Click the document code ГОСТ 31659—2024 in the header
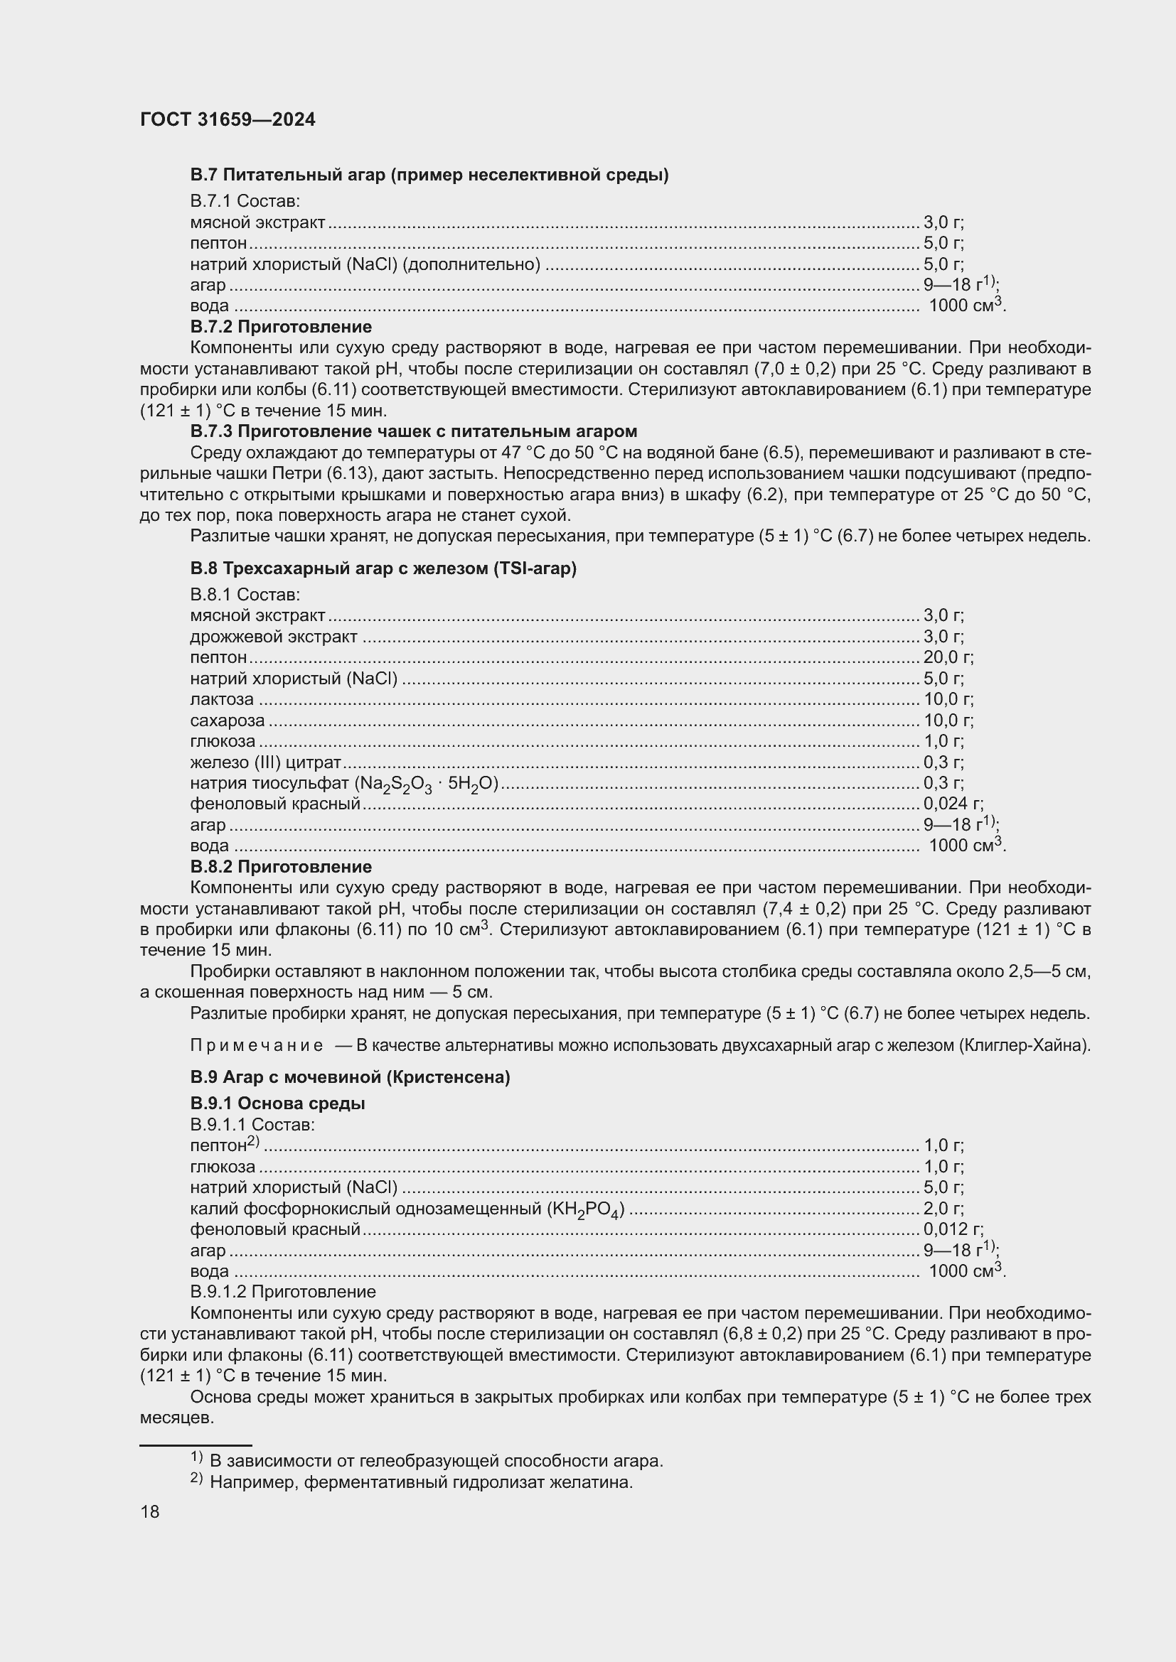[228, 120]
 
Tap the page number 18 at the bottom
[150, 1511]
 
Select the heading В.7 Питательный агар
[429, 175]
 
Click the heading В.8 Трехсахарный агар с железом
[383, 568]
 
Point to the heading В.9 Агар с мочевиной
[350, 1077]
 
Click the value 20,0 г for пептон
[948, 657]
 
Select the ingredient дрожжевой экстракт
[274, 637]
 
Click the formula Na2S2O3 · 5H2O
[426, 784]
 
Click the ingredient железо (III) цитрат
[265, 762]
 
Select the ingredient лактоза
[222, 699]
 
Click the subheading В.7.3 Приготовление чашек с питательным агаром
[414, 431]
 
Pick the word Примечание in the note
[257, 1045]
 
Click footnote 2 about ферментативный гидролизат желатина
[421, 1482]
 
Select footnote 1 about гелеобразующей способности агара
[435, 1461]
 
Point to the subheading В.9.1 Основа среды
[277, 1103]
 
